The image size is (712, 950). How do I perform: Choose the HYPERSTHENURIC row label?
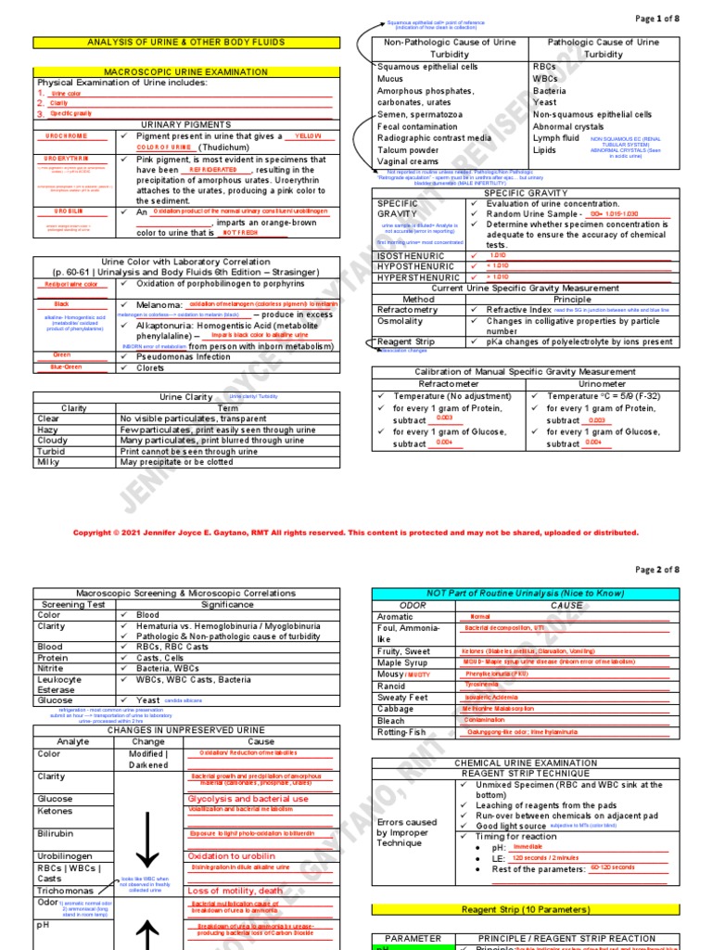pyautogui.click(x=417, y=277)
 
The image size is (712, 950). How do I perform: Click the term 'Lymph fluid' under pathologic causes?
pyautogui.click(x=556, y=138)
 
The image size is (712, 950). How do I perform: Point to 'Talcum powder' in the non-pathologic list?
pyautogui.click(x=408, y=150)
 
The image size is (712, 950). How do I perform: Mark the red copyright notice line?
pyautogui.click(x=356, y=533)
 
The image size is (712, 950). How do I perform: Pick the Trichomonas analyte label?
pyautogui.click(x=68, y=891)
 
